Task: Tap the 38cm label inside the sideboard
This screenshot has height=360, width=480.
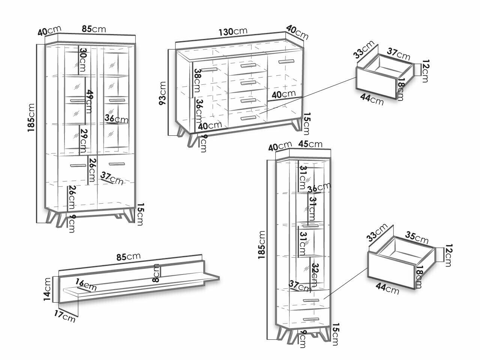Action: pyautogui.click(x=198, y=81)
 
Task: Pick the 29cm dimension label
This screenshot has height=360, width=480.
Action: pyautogui.click(x=84, y=140)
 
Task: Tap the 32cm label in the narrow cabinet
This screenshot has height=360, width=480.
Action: pyautogui.click(x=315, y=273)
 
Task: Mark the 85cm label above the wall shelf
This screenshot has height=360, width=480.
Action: pyautogui.click(x=129, y=257)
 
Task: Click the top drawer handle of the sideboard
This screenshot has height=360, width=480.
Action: pyautogui.click(x=247, y=66)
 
